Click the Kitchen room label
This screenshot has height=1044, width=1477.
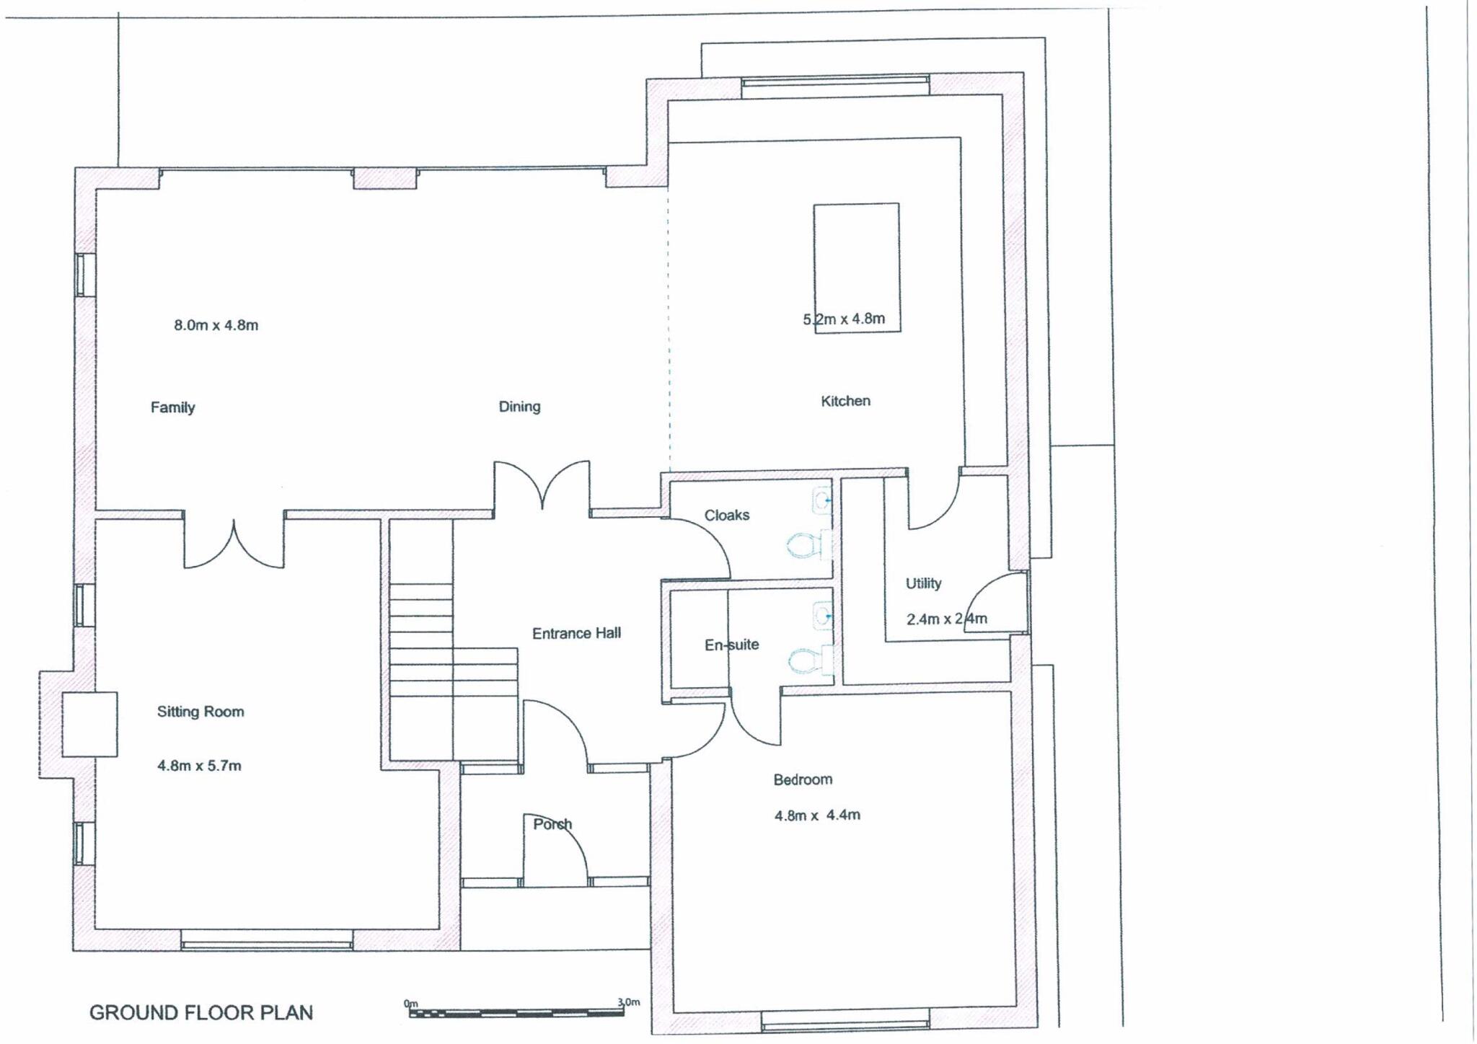point(845,401)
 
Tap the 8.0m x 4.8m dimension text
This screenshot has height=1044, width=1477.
point(216,325)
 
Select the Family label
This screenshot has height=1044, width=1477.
point(172,407)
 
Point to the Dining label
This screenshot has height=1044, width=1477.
point(519,407)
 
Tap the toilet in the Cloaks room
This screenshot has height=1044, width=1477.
point(803,545)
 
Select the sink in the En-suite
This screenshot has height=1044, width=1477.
point(822,616)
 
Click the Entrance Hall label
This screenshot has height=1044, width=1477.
point(576,634)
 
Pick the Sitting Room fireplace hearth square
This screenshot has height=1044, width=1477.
point(89,724)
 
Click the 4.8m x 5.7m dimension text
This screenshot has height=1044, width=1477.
point(199,766)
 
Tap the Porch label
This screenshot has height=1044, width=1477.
point(552,824)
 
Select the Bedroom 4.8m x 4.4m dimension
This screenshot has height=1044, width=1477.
point(816,815)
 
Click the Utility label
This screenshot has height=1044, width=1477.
point(923,583)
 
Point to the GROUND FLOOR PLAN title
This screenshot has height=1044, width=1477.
point(200,1012)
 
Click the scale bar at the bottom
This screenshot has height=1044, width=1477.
point(516,1013)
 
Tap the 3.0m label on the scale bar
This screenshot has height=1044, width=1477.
point(627,1002)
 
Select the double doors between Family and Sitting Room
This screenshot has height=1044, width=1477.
point(234,541)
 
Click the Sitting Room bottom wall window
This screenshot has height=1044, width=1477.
point(266,944)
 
